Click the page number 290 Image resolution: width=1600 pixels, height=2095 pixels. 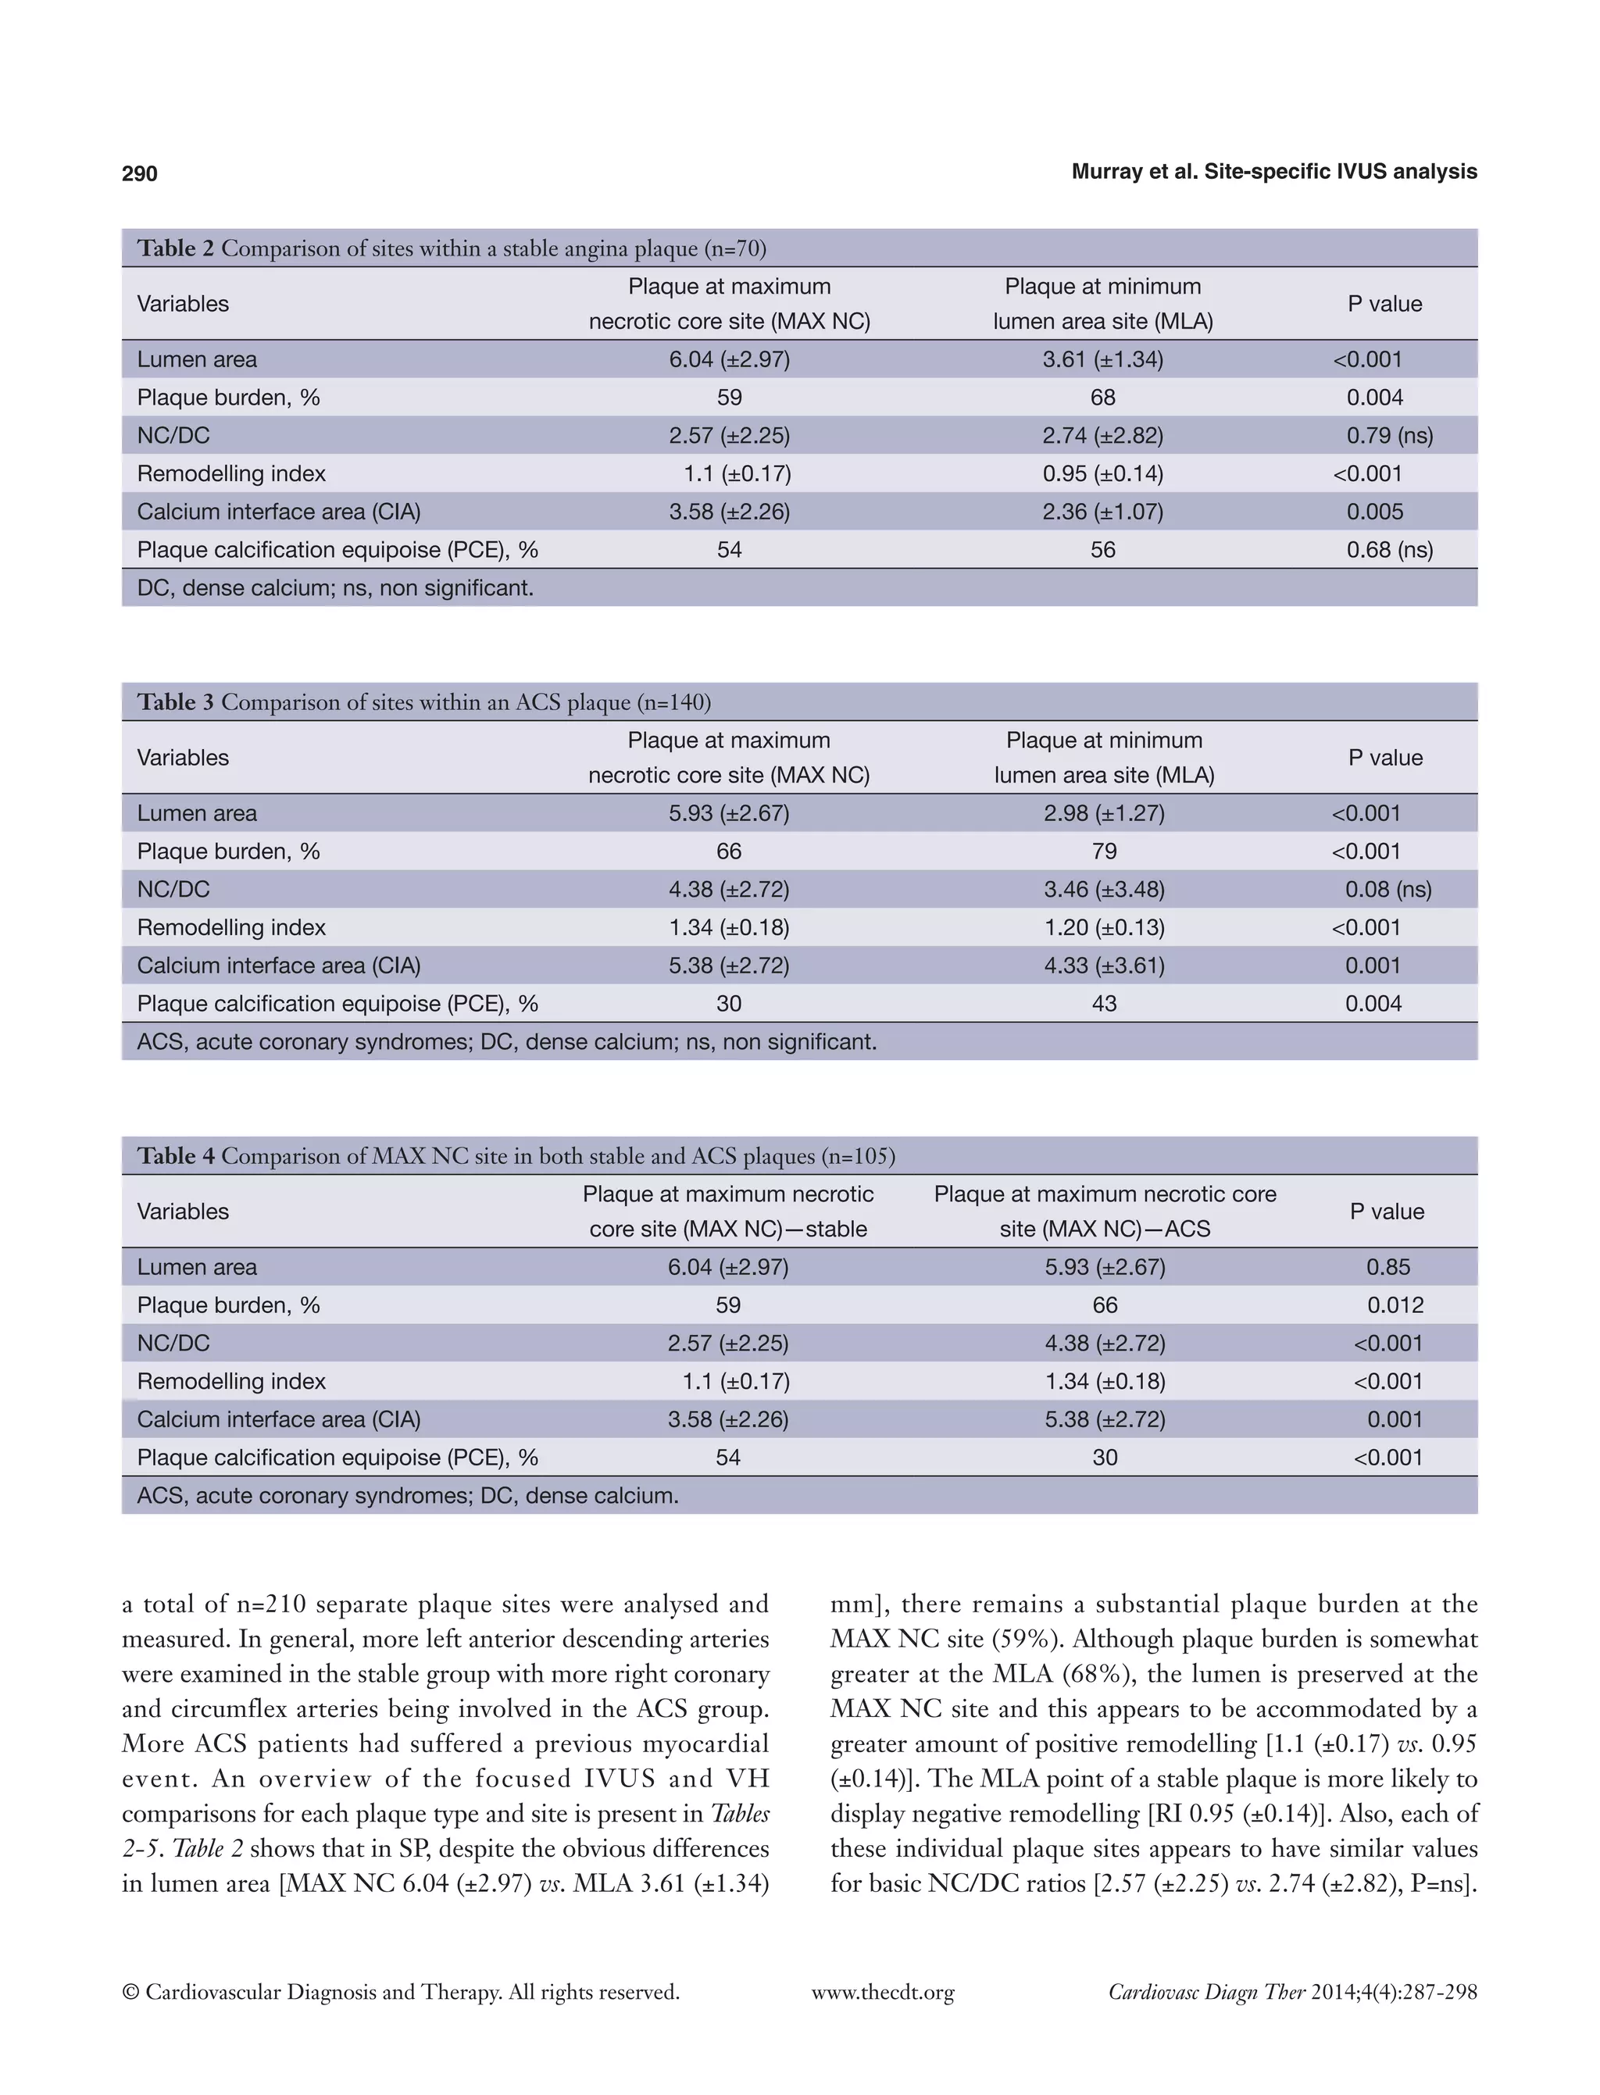(x=139, y=173)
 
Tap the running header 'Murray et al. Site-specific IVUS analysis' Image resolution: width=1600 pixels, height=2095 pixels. (x=1273, y=171)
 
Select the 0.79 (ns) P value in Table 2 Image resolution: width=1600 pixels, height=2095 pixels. (x=1388, y=435)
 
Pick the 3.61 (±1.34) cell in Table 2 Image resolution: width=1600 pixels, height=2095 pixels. (x=1103, y=359)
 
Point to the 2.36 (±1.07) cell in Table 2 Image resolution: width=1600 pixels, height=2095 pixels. (x=1103, y=512)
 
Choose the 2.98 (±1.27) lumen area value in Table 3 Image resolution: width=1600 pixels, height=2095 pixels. (x=1104, y=813)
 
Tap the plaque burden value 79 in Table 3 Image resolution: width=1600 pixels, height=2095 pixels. (x=1104, y=851)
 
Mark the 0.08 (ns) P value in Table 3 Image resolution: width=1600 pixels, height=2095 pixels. (x=1387, y=890)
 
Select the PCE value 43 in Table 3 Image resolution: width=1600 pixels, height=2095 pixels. (x=1104, y=1004)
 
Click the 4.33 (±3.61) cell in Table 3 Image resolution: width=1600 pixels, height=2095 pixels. (x=1104, y=965)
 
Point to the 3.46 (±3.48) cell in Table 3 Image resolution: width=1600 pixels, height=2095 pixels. (x=1104, y=890)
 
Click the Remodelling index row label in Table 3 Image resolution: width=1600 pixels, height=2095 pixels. (x=231, y=927)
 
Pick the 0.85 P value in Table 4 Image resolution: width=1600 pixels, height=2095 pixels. (x=1387, y=1268)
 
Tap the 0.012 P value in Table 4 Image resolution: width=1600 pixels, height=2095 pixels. (x=1395, y=1305)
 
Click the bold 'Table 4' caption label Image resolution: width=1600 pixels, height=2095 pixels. (x=175, y=1156)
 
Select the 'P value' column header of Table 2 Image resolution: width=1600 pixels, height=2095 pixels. (x=1384, y=304)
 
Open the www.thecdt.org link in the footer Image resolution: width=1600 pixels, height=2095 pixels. (x=882, y=1992)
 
